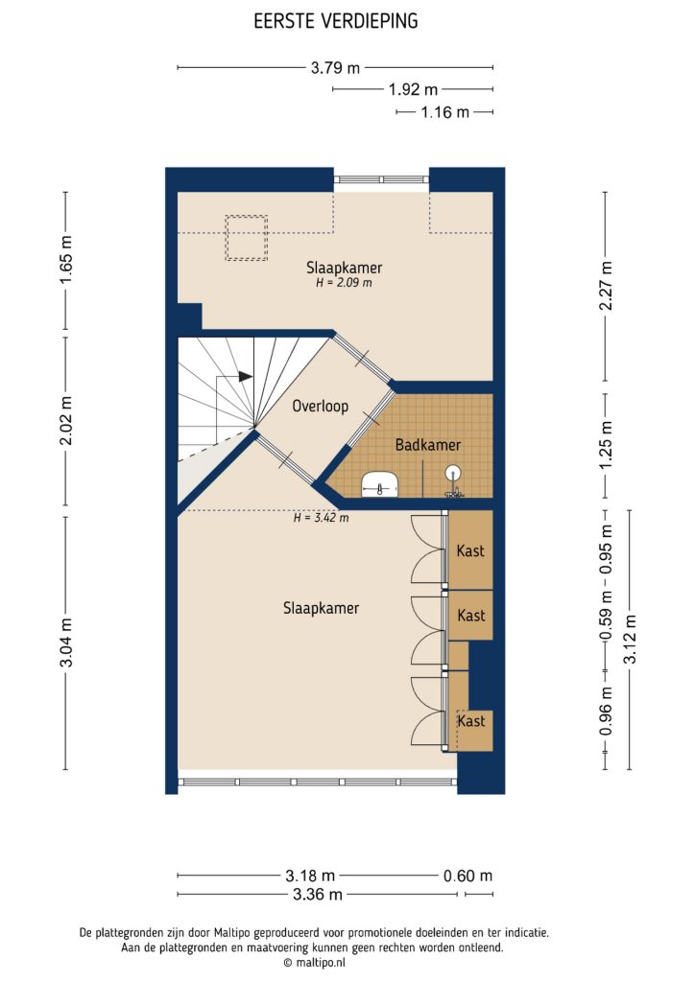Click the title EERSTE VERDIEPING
click(335, 20)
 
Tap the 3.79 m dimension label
click(335, 68)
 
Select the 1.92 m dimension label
click(413, 90)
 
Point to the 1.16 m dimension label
click(445, 112)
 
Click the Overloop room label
click(321, 406)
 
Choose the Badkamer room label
click(428, 445)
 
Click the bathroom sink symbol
click(381, 485)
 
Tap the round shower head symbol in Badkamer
click(453, 472)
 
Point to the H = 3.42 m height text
click(321, 518)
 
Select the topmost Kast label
click(471, 551)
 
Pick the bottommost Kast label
click(471, 721)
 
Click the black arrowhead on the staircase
click(246, 377)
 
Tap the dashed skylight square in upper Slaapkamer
click(246, 238)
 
